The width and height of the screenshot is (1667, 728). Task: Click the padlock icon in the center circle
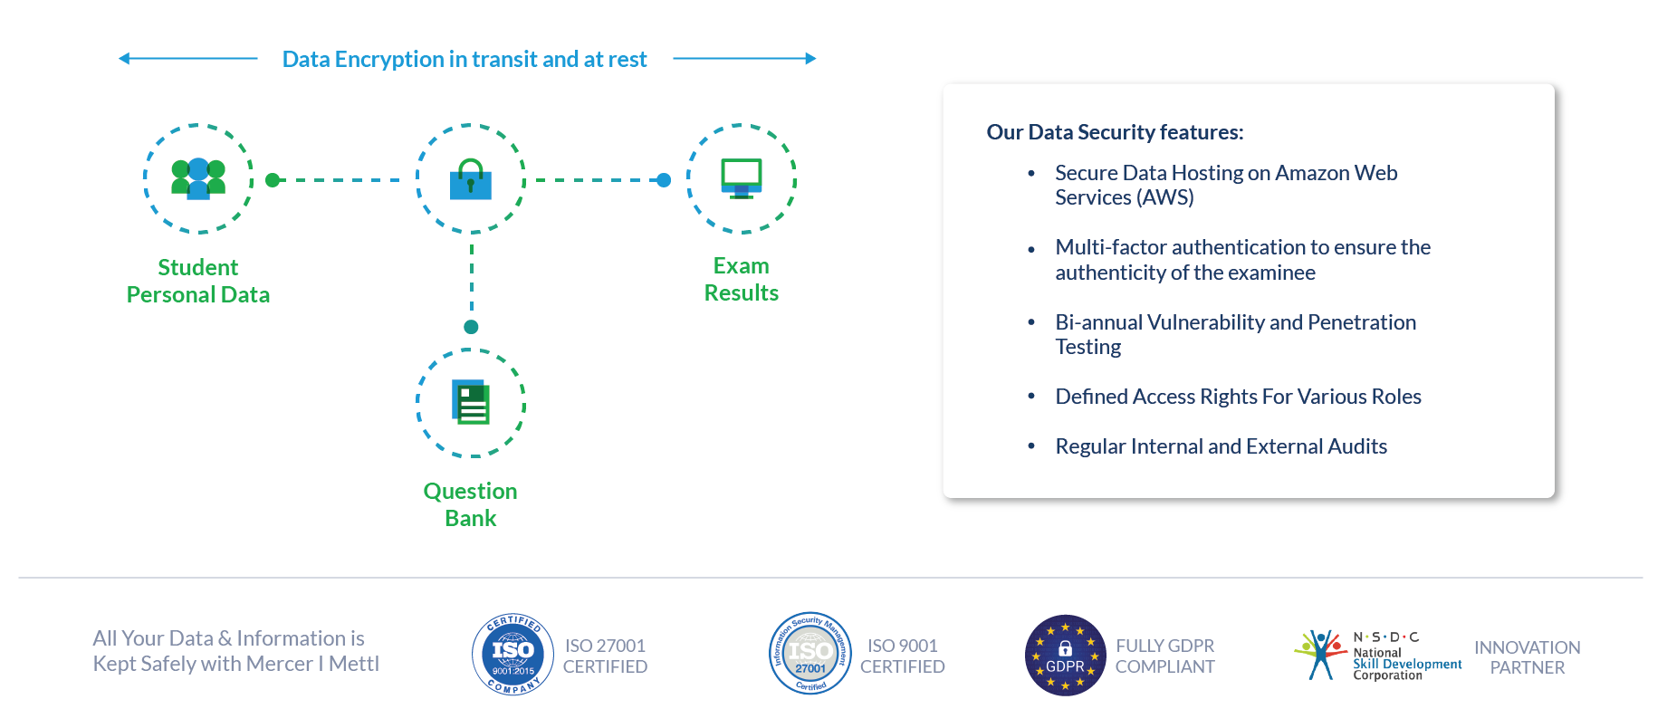471,179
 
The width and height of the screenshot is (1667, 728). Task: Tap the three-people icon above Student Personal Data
198,178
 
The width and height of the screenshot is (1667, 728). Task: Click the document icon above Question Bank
471,402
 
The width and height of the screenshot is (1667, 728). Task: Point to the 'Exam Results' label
742,280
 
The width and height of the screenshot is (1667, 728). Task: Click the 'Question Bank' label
471,504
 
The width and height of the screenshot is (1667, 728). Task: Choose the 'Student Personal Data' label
198,281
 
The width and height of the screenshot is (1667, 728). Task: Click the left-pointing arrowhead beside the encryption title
124,59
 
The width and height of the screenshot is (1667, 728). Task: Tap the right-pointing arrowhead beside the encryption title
811,59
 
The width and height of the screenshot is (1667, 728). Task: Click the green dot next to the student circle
273,180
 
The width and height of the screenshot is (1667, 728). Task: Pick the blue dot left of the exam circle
664,180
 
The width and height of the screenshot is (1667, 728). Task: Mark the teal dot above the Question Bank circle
471,327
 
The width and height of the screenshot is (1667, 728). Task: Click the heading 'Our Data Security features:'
1115,132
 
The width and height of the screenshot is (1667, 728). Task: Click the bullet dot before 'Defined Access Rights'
1031,397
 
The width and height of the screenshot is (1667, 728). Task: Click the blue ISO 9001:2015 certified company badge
513,655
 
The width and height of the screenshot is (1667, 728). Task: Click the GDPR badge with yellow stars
1065,656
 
